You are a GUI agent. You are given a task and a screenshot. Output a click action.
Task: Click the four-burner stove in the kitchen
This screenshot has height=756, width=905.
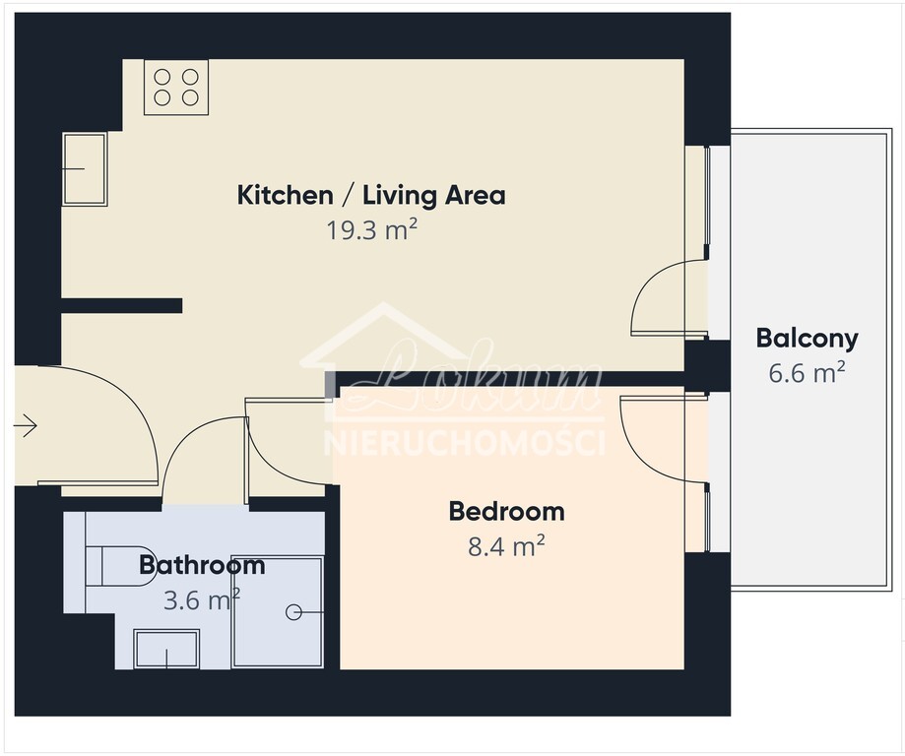(x=176, y=88)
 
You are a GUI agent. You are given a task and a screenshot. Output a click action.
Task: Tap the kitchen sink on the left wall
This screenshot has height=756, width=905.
(x=85, y=169)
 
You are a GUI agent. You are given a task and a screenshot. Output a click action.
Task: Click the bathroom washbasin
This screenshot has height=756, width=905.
(x=166, y=648)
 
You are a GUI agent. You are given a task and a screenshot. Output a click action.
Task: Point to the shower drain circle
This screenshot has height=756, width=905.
(x=293, y=612)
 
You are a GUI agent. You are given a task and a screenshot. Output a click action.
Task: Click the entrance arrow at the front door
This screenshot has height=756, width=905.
(x=25, y=426)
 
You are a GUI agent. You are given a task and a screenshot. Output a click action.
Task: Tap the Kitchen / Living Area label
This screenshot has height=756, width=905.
(x=371, y=195)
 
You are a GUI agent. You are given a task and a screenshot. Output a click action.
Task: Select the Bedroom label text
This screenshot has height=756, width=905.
(x=506, y=512)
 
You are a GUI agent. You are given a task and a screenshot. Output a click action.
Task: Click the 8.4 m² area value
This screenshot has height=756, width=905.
(x=506, y=546)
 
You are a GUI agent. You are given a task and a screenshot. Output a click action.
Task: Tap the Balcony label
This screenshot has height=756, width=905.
(x=807, y=339)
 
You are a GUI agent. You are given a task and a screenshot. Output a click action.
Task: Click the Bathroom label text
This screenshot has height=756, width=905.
(x=202, y=565)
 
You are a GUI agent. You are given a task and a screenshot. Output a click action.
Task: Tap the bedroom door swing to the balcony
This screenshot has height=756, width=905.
(x=655, y=438)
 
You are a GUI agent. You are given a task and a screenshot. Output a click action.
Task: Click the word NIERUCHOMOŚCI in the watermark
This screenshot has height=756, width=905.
(x=464, y=443)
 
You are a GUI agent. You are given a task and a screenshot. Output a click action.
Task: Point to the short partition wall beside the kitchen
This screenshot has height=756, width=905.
(x=122, y=305)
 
